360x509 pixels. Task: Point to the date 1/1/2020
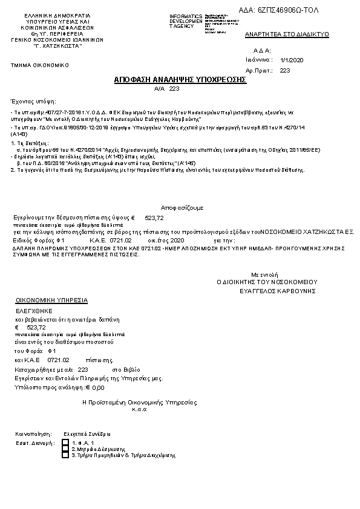coord(292,60)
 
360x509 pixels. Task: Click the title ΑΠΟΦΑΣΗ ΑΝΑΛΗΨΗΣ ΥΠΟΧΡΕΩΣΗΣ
coord(180,80)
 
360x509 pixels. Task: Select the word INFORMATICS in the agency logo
coord(186,15)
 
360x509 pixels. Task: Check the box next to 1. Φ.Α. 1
coord(65,443)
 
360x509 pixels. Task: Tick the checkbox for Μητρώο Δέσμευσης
coord(65,449)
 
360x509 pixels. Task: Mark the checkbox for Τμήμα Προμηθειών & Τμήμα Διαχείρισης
coord(65,455)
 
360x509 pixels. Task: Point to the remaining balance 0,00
coord(98,387)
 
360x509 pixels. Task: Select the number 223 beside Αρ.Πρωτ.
coord(285,70)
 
